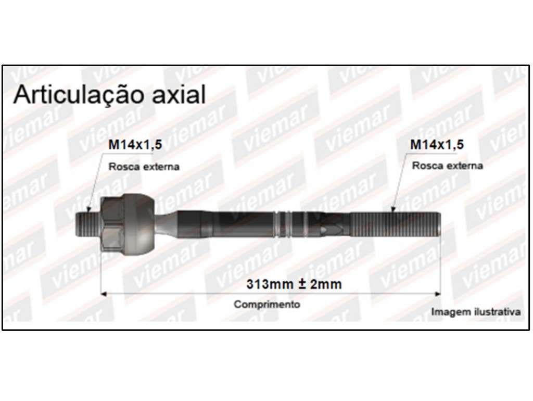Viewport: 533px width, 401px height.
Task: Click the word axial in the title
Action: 179,94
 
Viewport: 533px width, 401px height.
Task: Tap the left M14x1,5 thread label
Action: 135,145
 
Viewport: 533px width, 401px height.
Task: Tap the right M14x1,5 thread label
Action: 437,145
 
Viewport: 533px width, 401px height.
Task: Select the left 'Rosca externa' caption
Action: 144,167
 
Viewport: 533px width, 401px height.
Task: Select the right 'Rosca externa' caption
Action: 447,166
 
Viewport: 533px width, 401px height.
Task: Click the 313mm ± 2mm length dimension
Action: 294,284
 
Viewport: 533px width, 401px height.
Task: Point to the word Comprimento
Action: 267,304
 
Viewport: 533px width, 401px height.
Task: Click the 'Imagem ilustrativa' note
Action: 476,311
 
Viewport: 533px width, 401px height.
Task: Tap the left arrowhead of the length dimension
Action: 104,294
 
